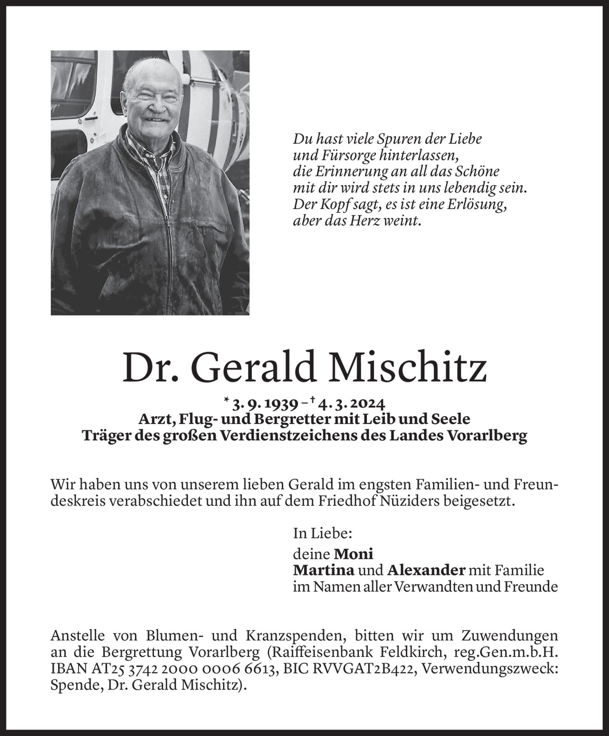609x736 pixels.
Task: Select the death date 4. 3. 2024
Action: tap(351, 404)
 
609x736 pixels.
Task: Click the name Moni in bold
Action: tap(354, 553)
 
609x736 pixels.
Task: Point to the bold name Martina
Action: tap(323, 570)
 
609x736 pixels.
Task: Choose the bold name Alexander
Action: tap(426, 570)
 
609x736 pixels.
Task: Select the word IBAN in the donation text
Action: tap(66, 670)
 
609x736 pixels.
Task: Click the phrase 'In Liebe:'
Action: tap(323, 533)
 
